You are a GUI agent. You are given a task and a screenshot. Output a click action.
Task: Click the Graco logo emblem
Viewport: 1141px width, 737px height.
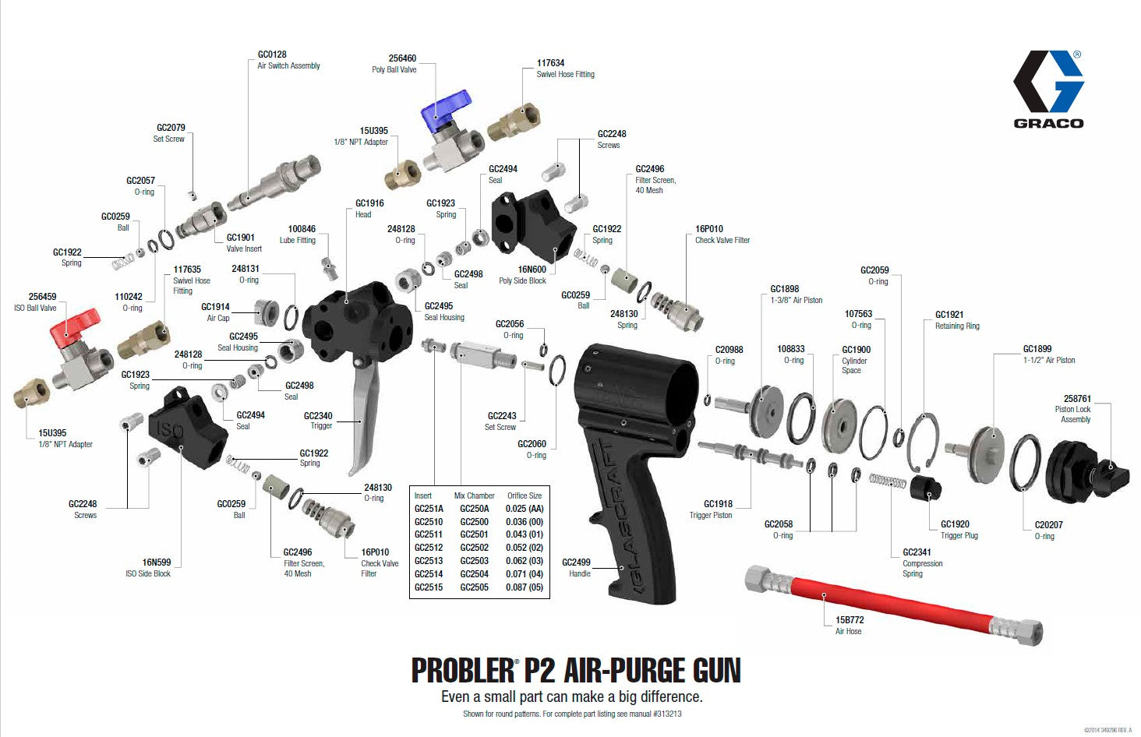pyautogui.click(x=1047, y=81)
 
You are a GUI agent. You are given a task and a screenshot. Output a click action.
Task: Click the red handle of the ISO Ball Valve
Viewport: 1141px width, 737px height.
pyautogui.click(x=76, y=323)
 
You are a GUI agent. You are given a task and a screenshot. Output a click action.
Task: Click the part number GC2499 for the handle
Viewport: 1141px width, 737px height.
pyautogui.click(x=576, y=562)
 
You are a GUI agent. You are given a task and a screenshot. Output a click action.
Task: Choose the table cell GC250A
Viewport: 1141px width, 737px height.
pyautogui.click(x=474, y=509)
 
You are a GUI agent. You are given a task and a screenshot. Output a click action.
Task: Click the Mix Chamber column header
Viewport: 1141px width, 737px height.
pyautogui.click(x=474, y=495)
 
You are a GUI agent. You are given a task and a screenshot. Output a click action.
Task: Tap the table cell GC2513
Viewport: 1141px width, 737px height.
pyautogui.click(x=428, y=561)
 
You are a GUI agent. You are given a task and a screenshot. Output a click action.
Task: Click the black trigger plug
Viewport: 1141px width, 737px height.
pyautogui.click(x=925, y=489)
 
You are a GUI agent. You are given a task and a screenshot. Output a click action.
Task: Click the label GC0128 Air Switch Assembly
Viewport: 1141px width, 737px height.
pyautogui.click(x=288, y=60)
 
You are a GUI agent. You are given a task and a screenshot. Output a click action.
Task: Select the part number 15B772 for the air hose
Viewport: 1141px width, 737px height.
pyautogui.click(x=849, y=620)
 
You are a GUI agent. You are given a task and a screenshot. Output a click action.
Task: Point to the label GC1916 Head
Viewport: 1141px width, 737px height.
pyautogui.click(x=369, y=208)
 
